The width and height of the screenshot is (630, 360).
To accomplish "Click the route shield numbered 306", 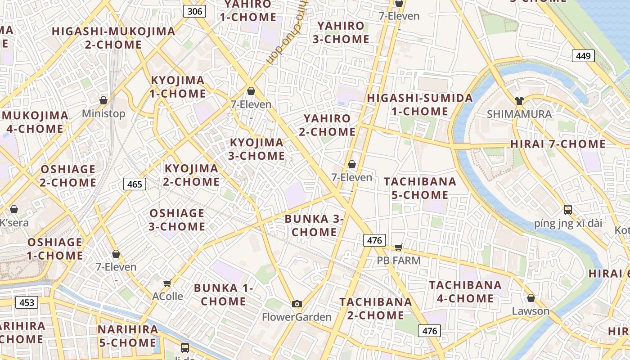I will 194,11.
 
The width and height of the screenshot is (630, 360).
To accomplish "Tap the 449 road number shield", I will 583,56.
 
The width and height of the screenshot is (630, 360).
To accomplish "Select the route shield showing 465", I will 135,184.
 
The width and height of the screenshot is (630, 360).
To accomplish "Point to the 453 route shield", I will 27,302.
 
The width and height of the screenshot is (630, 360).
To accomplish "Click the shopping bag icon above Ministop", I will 103,100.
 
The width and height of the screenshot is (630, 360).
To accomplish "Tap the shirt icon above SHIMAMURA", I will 519,101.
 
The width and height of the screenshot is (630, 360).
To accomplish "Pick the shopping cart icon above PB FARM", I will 398,247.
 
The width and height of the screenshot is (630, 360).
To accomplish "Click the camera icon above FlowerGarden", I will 297,304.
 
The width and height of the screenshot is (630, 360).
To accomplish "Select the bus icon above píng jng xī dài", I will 568,209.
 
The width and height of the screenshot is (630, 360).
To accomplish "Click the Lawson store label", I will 531,311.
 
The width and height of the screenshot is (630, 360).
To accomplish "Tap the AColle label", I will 167,296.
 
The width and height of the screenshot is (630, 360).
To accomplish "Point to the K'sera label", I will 14,223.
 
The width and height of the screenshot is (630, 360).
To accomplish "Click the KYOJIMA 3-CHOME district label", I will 257,149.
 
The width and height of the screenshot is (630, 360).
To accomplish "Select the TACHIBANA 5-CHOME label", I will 420,188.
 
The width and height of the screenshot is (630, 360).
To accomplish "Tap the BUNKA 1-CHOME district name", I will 223,294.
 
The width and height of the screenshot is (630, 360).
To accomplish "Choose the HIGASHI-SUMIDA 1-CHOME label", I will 420,104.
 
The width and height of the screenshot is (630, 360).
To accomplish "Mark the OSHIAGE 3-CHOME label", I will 177,220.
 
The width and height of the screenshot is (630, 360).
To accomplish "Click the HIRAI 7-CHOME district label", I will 558,144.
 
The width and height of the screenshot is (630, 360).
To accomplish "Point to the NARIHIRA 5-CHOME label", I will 128,336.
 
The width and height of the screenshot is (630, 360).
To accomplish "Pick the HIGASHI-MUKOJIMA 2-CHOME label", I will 113,38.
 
